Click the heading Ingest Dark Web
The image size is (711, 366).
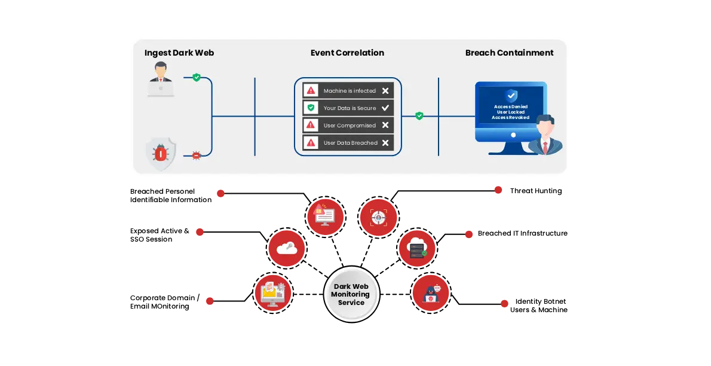pos(179,53)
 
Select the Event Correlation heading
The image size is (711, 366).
pos(347,53)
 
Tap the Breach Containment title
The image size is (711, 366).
pos(509,53)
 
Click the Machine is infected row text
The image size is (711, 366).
pos(350,91)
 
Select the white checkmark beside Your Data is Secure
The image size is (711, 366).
pos(385,108)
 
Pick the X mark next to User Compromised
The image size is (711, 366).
pos(385,126)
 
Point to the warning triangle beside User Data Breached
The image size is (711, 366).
pos(310,143)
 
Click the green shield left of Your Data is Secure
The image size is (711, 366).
pos(310,108)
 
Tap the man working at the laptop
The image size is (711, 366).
pos(161,82)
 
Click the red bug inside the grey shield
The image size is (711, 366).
pos(161,154)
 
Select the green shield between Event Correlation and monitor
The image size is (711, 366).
pos(419,115)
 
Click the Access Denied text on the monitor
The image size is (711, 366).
pos(511,106)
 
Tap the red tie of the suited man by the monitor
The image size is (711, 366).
pos(545,147)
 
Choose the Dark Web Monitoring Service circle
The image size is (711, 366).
pos(351,294)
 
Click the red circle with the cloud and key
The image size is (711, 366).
pos(287,248)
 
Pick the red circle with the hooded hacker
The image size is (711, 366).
pos(430,293)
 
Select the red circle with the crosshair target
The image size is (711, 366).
pos(378,216)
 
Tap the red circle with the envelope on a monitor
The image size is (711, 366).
pos(272,293)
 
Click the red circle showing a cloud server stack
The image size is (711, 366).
pos(416,248)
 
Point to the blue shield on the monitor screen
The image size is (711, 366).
pos(511,95)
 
